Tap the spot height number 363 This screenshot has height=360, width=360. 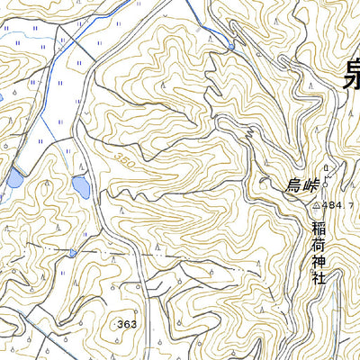click(128, 322)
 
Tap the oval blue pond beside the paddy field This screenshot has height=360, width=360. click(80, 187)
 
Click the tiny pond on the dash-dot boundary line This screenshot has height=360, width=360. click(71, 254)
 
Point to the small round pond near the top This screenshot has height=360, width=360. click(231, 46)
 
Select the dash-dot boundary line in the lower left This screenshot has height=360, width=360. click(36, 245)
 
